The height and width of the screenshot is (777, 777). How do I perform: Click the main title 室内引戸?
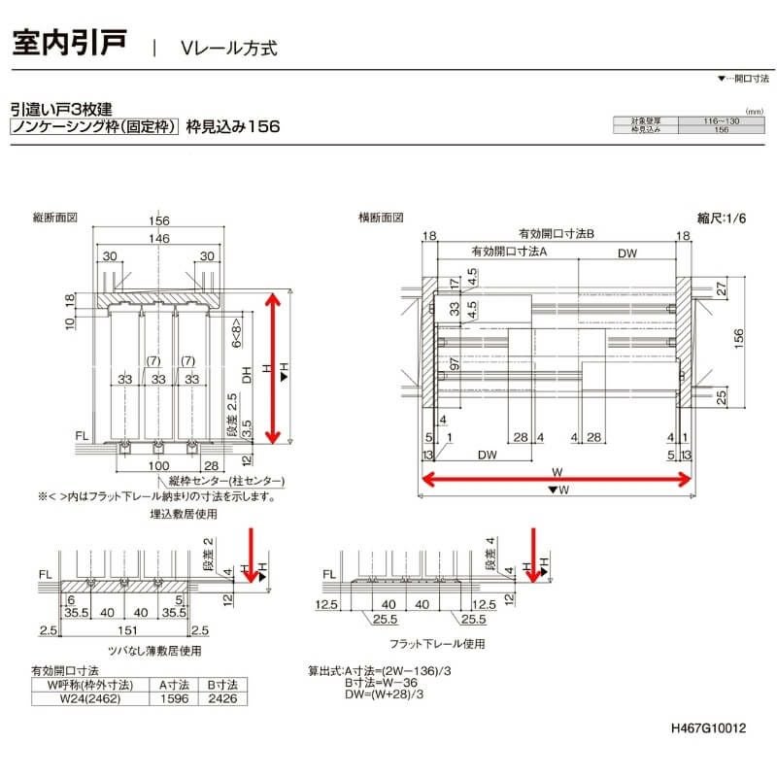click(69, 45)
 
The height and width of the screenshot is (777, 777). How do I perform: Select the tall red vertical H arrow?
click(275, 368)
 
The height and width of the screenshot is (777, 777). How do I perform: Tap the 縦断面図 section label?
click(54, 219)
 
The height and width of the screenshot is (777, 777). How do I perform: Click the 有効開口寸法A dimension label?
click(510, 253)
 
